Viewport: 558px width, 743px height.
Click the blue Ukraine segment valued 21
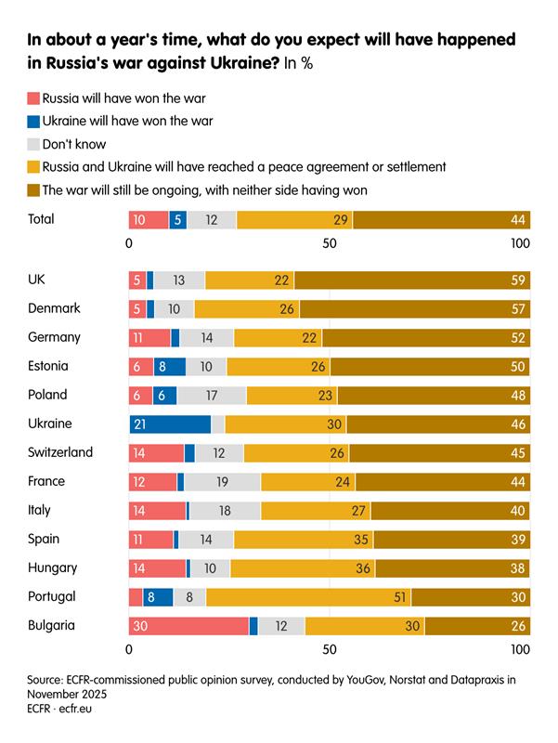click(170, 424)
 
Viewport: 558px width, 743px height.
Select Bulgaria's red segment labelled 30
click(188, 626)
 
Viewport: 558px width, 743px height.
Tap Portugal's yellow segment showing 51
click(308, 597)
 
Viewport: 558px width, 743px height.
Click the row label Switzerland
click(60, 452)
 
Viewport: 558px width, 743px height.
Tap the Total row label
click(42, 219)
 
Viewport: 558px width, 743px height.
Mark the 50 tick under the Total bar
click(330, 243)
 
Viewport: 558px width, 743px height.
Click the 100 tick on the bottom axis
click(521, 649)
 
